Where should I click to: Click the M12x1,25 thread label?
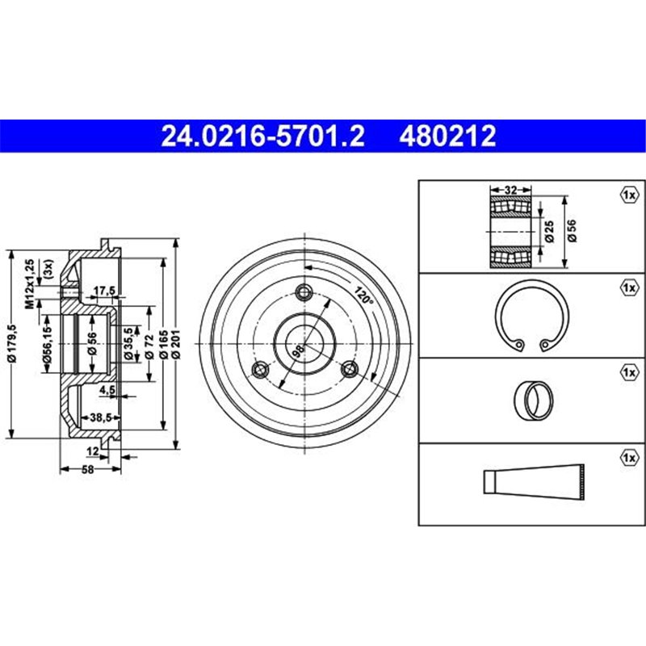coord(30,283)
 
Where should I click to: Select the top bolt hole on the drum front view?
coord(304,292)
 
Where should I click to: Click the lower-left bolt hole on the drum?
coord(260,370)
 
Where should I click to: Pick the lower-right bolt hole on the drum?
coord(350,370)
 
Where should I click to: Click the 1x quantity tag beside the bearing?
coord(628,195)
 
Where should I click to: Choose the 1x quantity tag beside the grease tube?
coord(628,458)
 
